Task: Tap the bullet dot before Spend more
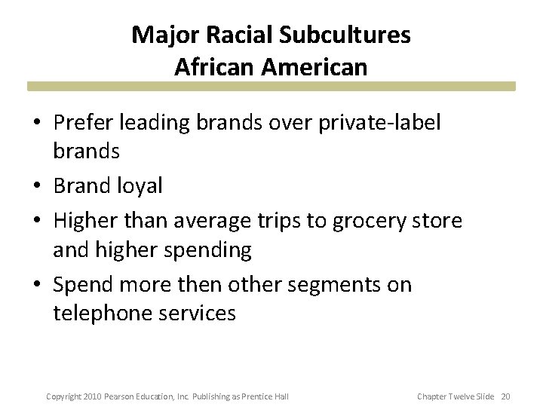(38, 285)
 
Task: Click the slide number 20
(505, 396)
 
